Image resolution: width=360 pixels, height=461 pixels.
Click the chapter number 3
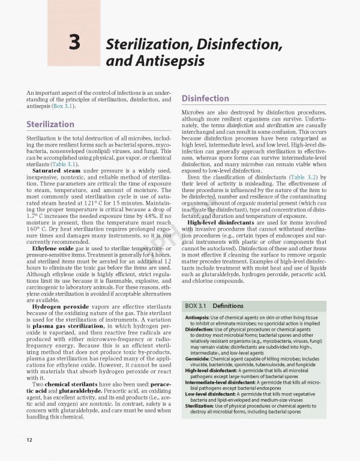point(75,44)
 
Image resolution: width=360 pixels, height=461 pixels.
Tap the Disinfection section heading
point(205,98)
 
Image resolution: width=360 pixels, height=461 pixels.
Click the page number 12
point(29,440)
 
